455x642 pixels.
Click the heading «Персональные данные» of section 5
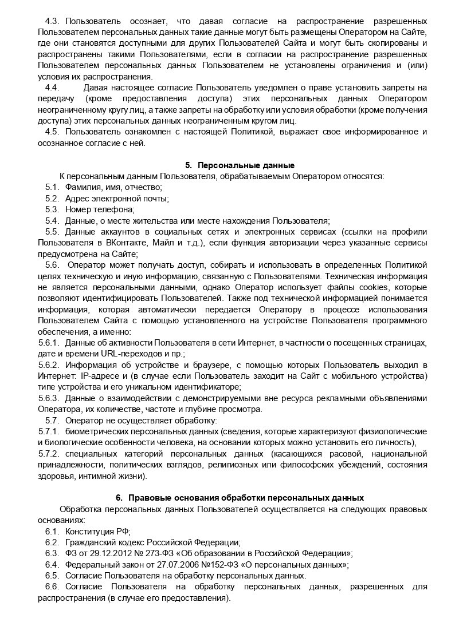239,165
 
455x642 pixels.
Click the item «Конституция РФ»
98,531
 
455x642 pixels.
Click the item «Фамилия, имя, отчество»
113,187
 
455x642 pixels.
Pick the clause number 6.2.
52,542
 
